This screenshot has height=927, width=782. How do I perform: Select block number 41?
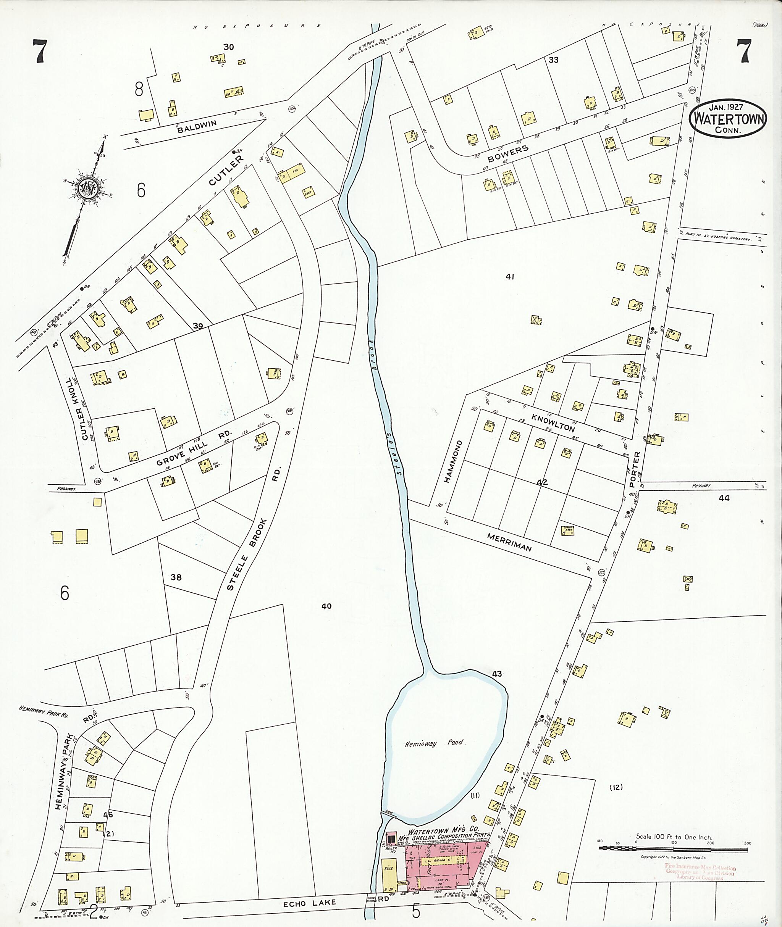(510, 277)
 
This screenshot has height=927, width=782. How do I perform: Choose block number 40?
(326, 606)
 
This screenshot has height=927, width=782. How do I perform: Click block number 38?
(176, 577)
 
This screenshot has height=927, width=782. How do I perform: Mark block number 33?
(553, 60)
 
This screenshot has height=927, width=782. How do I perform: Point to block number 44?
(724, 498)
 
